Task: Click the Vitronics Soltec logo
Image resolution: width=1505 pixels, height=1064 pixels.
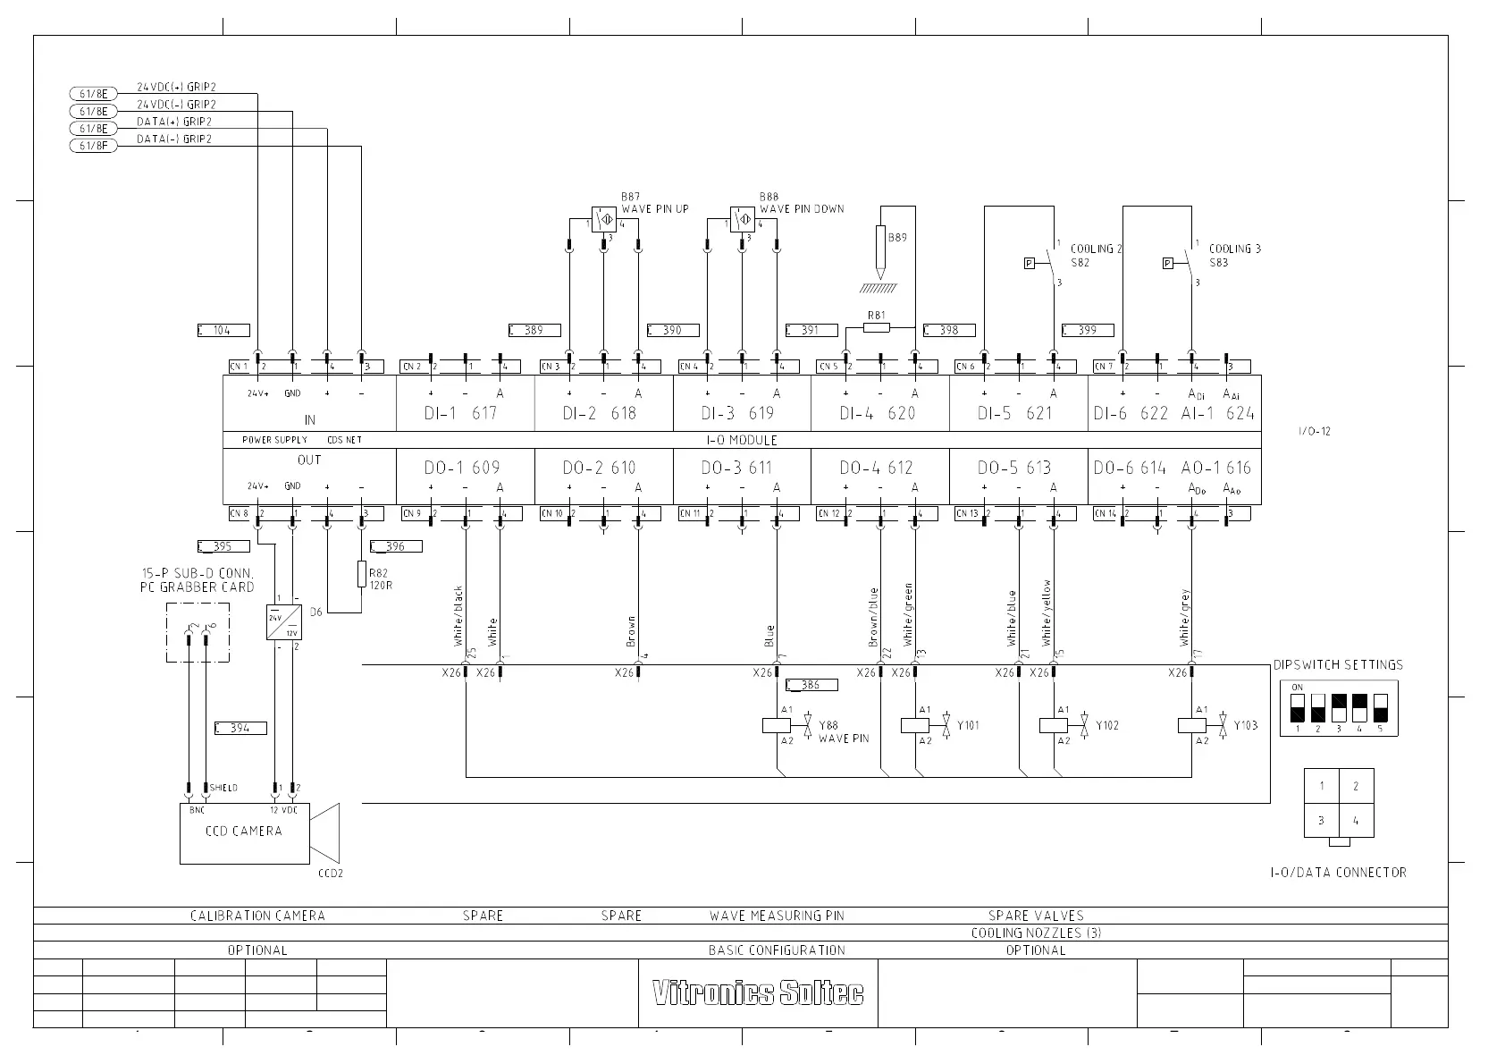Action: tap(758, 993)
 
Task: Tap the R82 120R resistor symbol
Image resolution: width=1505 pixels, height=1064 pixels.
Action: tap(361, 575)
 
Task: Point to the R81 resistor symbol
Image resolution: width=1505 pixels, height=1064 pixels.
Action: tap(877, 327)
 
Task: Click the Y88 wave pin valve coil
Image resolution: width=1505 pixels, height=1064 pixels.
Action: tap(777, 725)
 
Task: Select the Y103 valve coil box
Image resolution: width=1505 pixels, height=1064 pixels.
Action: tap(1192, 725)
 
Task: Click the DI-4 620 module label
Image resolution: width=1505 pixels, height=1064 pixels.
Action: tap(878, 413)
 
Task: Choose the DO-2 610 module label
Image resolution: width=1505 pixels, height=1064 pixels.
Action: tap(599, 468)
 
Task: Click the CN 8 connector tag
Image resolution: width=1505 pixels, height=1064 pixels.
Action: tap(239, 514)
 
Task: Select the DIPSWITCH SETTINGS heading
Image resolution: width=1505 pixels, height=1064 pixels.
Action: tap(1338, 665)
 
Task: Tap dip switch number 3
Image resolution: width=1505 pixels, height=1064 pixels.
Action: tap(1339, 708)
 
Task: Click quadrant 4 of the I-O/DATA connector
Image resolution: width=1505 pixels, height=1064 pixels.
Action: tap(1356, 820)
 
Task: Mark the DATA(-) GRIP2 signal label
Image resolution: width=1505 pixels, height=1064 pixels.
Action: tap(174, 139)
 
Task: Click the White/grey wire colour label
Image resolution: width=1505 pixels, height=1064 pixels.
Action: tap(1185, 617)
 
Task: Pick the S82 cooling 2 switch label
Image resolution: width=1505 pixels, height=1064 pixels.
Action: tap(1080, 263)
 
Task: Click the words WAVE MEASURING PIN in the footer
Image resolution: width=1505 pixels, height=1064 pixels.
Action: tap(777, 916)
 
